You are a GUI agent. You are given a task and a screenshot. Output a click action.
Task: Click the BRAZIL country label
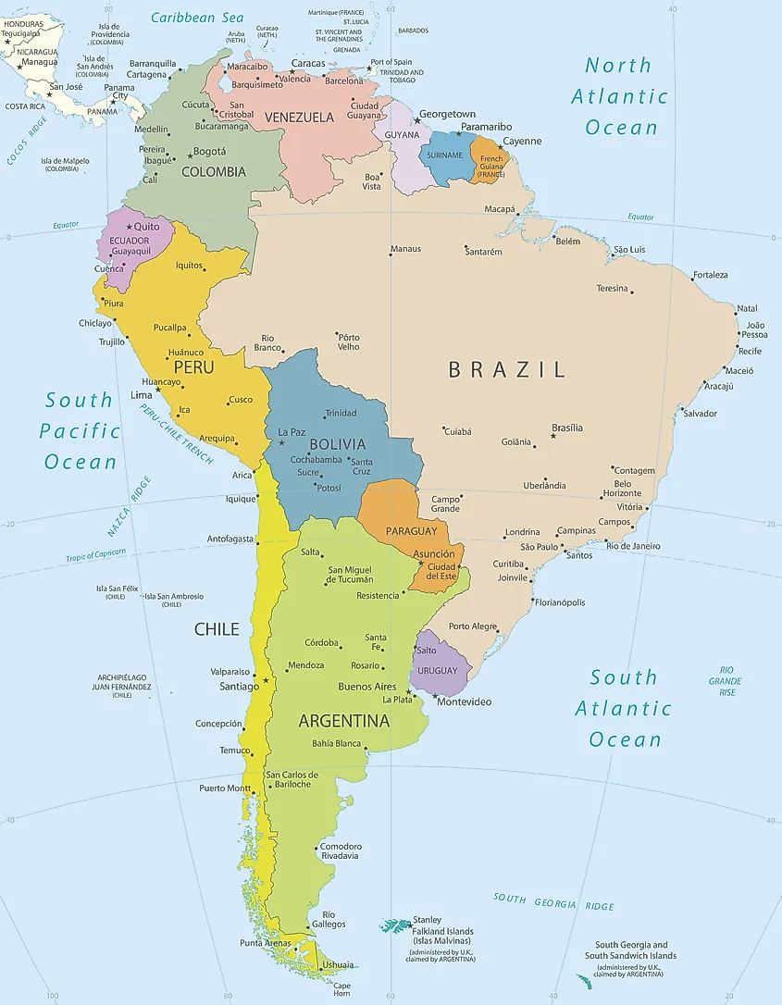point(506,369)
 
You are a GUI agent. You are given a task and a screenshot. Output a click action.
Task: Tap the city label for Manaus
point(405,249)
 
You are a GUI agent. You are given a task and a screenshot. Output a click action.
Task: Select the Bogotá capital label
point(210,151)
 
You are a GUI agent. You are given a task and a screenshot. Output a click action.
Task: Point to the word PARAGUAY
point(411,531)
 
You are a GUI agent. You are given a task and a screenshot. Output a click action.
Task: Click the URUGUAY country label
point(437,670)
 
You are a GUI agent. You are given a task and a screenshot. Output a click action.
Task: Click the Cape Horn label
point(341,989)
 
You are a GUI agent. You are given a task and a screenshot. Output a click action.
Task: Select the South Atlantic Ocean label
point(624,708)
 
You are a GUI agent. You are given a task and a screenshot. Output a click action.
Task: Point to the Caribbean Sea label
point(197,18)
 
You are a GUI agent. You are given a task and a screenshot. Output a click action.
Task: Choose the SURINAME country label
point(444,155)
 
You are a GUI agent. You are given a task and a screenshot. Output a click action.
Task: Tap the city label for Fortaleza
point(711,275)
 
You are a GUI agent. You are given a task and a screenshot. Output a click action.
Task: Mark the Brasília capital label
point(567,428)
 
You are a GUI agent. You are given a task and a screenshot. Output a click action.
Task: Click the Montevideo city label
point(464,701)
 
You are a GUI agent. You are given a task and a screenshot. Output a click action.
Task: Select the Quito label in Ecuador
point(147,226)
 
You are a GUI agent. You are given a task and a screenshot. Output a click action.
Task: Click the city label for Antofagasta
point(230,539)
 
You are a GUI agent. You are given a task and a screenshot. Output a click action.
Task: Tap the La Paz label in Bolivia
point(292,431)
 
